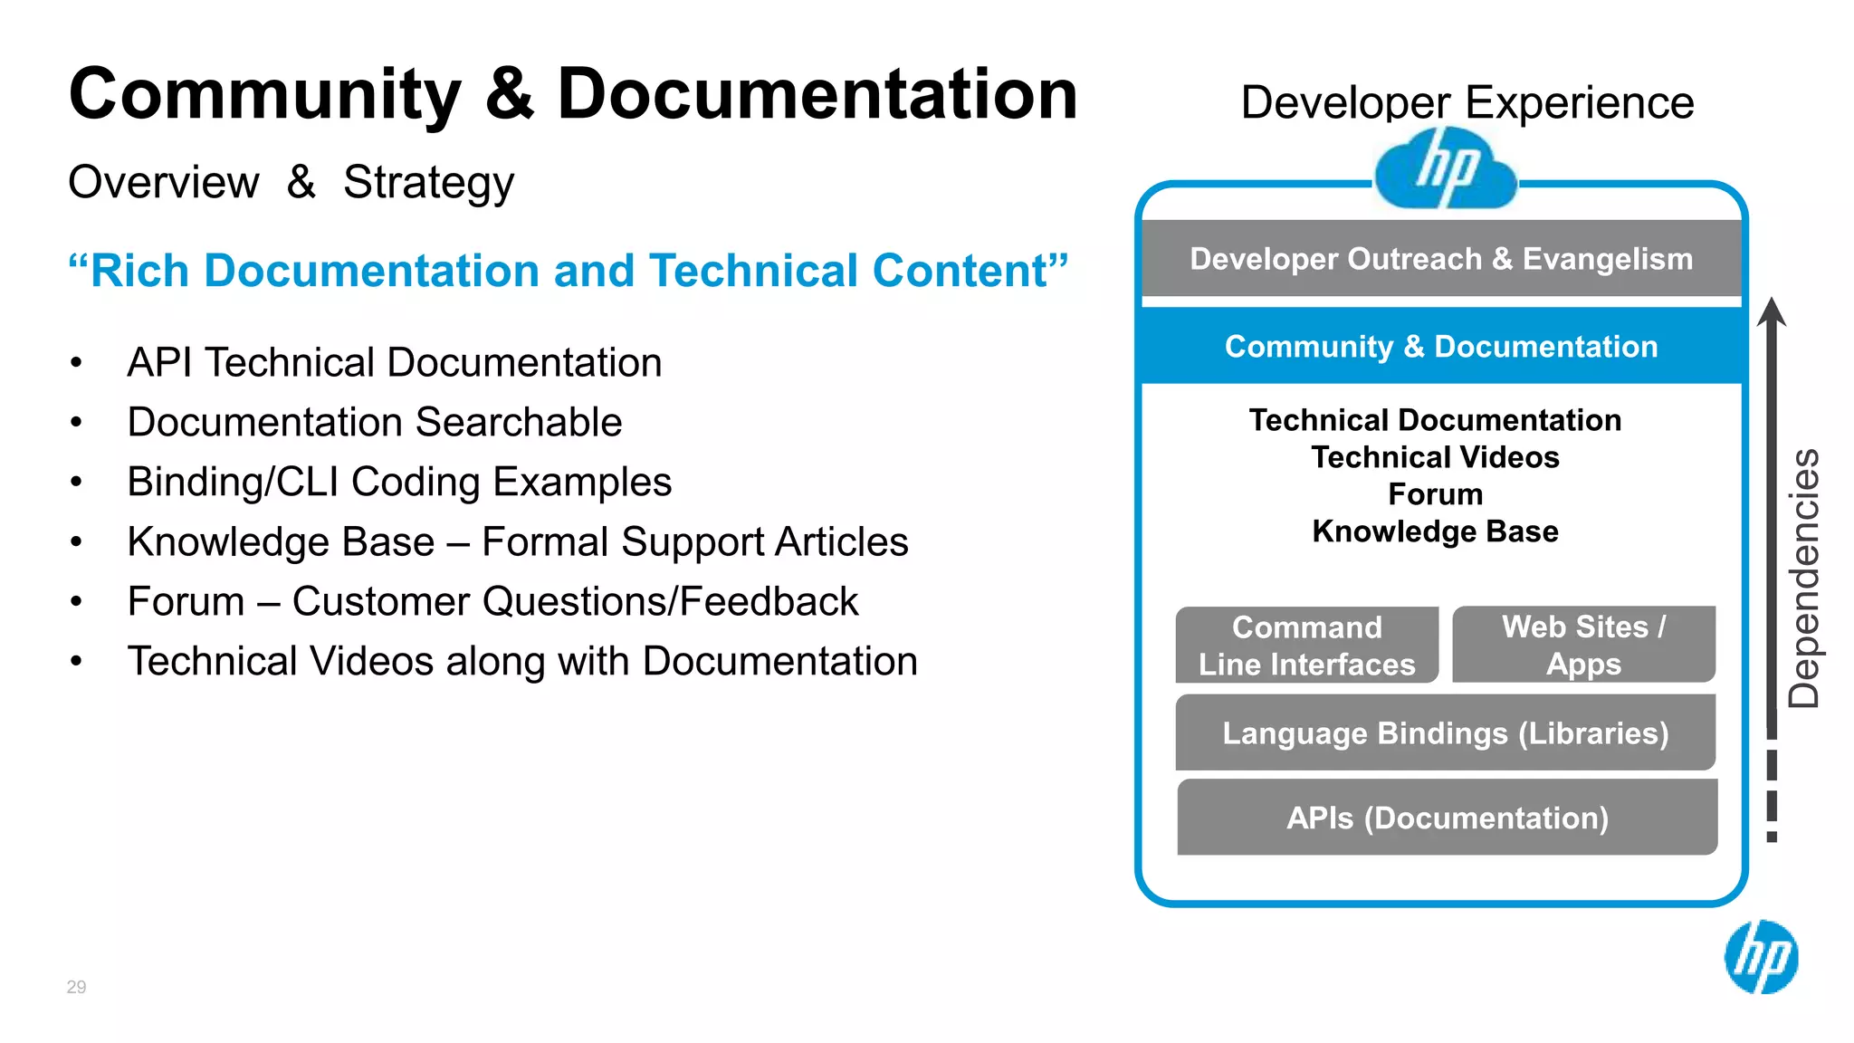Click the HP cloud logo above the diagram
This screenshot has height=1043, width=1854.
click(x=1445, y=168)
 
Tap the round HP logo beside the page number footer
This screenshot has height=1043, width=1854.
click(x=1761, y=957)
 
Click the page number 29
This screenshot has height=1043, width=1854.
click(x=76, y=987)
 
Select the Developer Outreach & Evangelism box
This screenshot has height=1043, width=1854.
click(x=1441, y=259)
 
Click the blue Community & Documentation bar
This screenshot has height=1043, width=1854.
click(x=1441, y=346)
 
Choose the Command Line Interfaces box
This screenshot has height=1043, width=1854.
click(x=1306, y=646)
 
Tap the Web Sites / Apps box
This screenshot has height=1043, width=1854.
click(x=1583, y=645)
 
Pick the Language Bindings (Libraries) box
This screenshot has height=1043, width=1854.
click(x=1445, y=732)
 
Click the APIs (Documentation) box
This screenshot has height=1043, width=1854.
click(x=1447, y=818)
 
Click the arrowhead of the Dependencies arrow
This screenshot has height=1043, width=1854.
click(x=1772, y=311)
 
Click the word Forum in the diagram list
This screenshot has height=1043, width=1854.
click(x=1436, y=494)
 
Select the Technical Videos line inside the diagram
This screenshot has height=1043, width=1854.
click(x=1436, y=457)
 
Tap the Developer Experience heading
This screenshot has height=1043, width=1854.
click(x=1467, y=102)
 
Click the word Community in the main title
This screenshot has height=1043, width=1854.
click(x=265, y=95)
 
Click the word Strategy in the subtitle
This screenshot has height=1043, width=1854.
click(x=428, y=182)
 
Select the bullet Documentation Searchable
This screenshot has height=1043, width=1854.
click(x=375, y=422)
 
